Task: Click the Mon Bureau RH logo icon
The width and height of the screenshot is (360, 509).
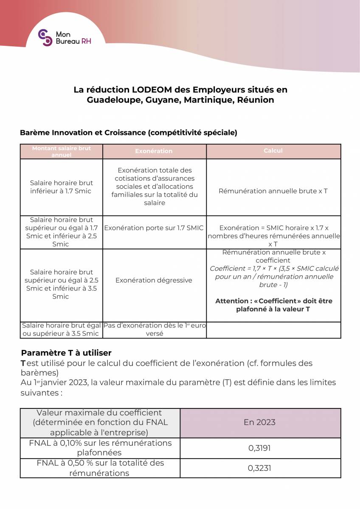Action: click(x=45, y=38)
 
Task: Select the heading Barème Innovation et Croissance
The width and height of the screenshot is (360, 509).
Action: click(x=128, y=132)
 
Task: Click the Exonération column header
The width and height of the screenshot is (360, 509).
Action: click(x=154, y=151)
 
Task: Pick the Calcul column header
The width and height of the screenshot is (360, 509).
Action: click(x=273, y=151)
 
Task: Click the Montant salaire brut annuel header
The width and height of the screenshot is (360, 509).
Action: click(x=61, y=151)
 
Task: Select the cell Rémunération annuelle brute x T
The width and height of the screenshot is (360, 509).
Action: click(x=273, y=191)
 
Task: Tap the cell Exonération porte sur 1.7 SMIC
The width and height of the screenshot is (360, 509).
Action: click(x=154, y=228)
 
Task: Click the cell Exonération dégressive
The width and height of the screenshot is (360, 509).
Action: click(x=154, y=280)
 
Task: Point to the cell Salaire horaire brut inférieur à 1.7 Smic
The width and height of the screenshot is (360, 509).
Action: click(x=61, y=187)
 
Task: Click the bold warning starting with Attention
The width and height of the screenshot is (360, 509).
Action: click(x=273, y=305)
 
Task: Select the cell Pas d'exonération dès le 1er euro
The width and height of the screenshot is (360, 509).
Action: click(x=154, y=330)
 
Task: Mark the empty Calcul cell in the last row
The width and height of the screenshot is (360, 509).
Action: click(x=273, y=330)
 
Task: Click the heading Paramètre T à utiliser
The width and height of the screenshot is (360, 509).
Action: click(x=66, y=353)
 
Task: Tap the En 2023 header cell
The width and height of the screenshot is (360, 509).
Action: click(x=260, y=422)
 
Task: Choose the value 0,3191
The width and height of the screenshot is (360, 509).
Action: click(x=259, y=448)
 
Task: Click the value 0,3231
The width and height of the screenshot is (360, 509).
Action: click(x=259, y=468)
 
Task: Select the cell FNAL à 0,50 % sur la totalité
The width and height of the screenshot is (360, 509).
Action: click(x=100, y=468)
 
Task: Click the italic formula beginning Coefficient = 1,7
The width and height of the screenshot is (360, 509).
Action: click(x=274, y=277)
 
